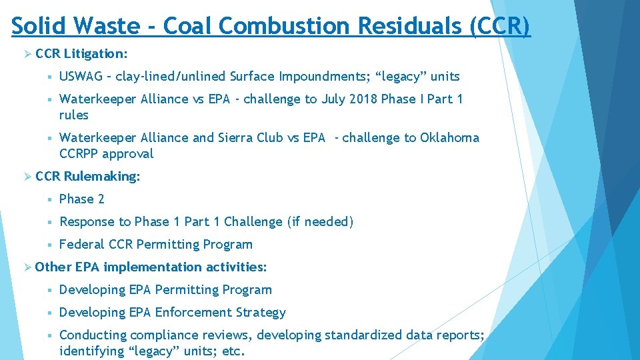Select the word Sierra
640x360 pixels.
pyautogui.click(x=237, y=138)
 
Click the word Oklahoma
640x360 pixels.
pyautogui.click(x=449, y=138)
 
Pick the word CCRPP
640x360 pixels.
pyautogui.click(x=79, y=154)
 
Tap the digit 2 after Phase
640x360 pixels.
pyautogui.click(x=101, y=199)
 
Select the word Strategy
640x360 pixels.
pyautogui.click(x=263, y=313)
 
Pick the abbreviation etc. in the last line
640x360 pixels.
pyautogui.click(x=233, y=351)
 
